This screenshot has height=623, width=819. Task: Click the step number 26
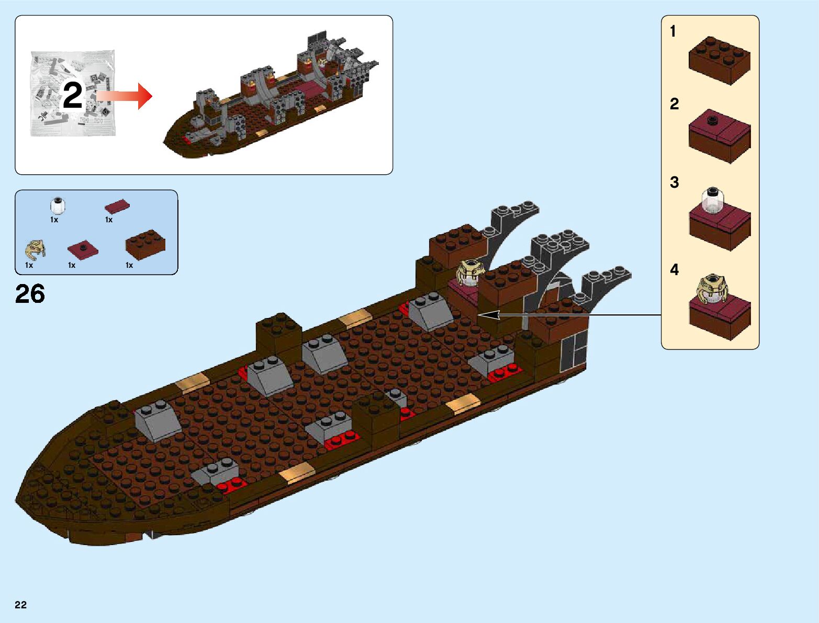pos(30,294)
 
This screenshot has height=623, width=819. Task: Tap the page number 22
pos(20,605)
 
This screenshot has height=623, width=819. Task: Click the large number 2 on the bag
pos(72,95)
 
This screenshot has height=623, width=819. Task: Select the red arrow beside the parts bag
pos(125,96)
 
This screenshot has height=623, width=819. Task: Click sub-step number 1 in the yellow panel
pos(673,32)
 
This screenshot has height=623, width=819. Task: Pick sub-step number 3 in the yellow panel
pos(674,183)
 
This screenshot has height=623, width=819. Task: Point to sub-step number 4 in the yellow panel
pos(674,270)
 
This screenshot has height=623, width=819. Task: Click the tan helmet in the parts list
pos(35,250)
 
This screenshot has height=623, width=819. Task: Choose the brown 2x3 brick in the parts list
pos(145,244)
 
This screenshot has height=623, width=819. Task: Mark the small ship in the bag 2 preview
pos(272,99)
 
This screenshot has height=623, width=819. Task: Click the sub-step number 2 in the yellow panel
pos(674,104)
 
